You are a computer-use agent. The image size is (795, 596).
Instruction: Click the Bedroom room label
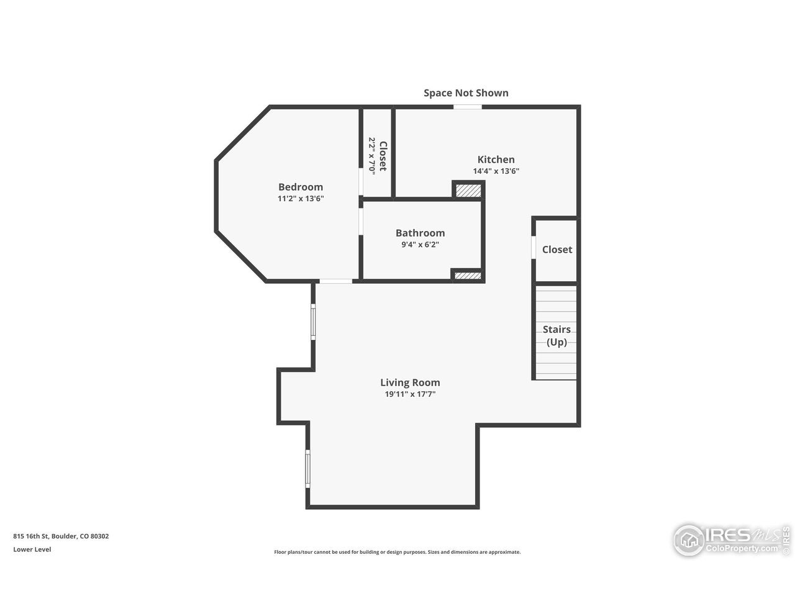(x=300, y=187)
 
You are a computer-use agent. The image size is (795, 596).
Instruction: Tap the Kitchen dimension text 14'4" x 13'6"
(x=496, y=171)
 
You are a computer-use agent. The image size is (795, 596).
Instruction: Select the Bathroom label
(x=420, y=233)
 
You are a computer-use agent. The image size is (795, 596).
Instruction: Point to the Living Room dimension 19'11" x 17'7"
(x=410, y=394)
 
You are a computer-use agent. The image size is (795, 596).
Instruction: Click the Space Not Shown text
(x=466, y=93)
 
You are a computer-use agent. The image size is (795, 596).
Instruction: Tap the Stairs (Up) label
(x=556, y=335)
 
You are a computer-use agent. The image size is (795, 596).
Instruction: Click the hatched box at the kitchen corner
(x=468, y=191)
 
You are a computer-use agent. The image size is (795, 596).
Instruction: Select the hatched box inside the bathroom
(x=468, y=276)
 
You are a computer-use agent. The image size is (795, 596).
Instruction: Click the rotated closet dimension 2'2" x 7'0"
(x=371, y=156)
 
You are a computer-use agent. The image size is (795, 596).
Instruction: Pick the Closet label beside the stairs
(x=556, y=250)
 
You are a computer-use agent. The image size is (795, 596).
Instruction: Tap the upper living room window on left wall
(x=313, y=322)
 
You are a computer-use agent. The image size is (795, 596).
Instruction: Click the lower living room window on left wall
(x=307, y=469)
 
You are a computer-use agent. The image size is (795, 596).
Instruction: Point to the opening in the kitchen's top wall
(x=467, y=107)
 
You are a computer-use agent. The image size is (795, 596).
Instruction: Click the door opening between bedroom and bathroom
(x=361, y=222)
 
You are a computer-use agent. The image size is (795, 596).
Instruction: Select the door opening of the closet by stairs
(x=534, y=247)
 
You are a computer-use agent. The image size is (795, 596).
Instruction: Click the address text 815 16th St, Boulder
(x=61, y=536)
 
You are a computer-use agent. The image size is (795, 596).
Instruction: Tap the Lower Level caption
(x=32, y=549)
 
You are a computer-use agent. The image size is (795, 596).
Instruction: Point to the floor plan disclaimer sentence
(x=397, y=552)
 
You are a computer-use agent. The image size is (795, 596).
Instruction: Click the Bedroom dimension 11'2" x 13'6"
(x=301, y=198)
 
